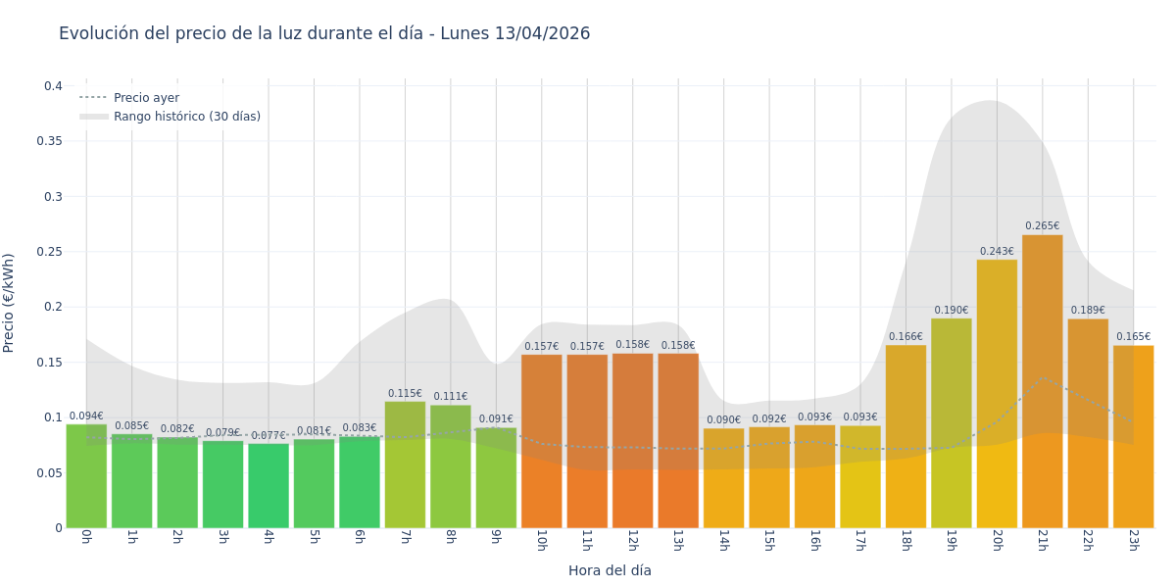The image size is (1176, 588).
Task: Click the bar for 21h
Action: point(1042,382)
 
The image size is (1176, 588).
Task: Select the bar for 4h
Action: point(269,486)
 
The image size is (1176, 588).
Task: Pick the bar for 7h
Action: point(405,465)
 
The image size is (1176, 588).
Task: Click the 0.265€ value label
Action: point(1042,226)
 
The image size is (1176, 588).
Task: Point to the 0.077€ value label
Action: point(269,436)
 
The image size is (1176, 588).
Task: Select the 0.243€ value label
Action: point(997,252)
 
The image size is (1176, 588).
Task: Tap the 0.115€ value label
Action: point(405,394)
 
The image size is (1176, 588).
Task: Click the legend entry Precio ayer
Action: point(146,98)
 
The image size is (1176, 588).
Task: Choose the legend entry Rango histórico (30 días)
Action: point(186,117)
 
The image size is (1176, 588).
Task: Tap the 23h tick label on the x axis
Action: point(1133,540)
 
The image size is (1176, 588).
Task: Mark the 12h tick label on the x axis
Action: point(632,540)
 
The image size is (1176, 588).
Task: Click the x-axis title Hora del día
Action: point(610,570)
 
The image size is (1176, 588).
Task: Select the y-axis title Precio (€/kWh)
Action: point(10,303)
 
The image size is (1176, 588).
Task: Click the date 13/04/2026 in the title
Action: point(542,33)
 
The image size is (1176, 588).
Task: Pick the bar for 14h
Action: point(723,478)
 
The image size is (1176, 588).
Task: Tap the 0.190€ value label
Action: point(951,311)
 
